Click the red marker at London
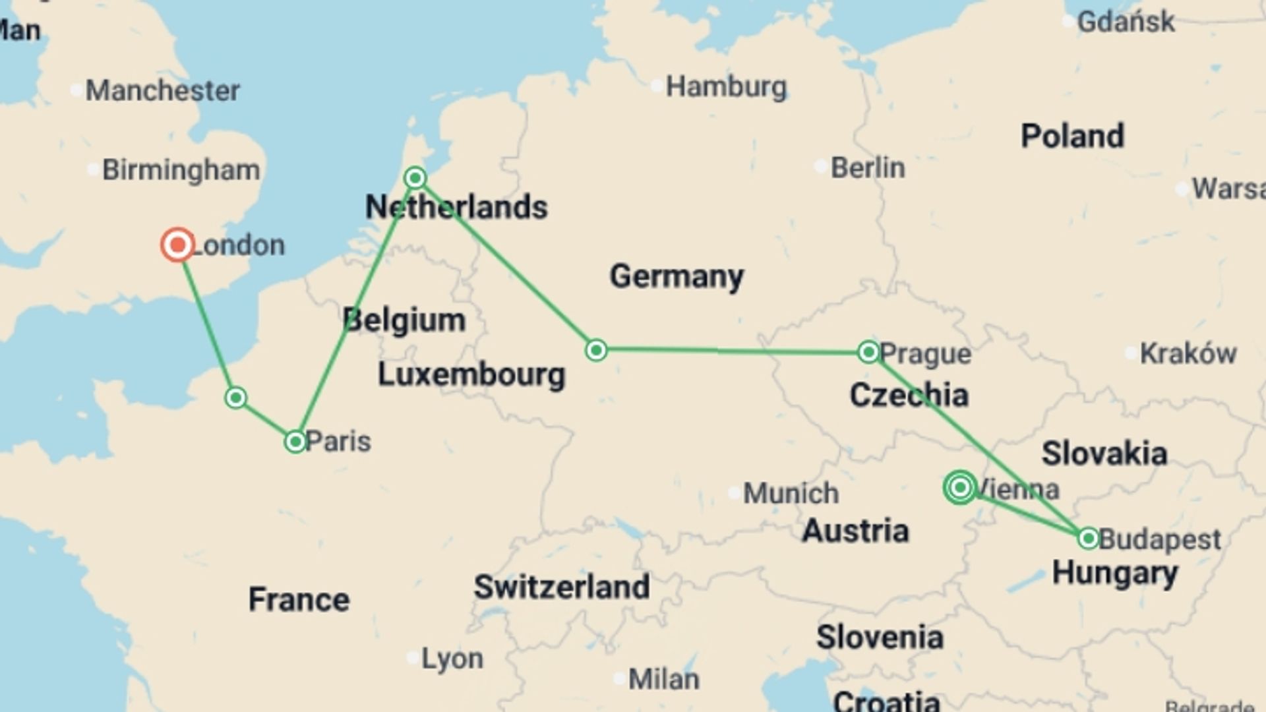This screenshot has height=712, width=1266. (177, 245)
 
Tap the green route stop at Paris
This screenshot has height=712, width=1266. (295, 441)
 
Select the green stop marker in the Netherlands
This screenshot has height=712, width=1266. (415, 178)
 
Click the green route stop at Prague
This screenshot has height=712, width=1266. (868, 351)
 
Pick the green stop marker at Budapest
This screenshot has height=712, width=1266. (1088, 539)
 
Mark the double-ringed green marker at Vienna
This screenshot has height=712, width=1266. (960, 488)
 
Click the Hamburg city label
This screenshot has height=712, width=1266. (726, 86)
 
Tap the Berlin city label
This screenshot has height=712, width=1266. (867, 167)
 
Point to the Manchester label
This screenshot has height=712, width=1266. (162, 90)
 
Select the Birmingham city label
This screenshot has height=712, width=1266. (181, 170)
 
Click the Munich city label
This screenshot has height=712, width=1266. (791, 493)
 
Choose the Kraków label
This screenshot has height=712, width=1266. (1188, 353)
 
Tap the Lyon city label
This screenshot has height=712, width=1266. (452, 658)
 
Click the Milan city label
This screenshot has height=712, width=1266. (663, 679)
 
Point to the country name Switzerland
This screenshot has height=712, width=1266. (562, 587)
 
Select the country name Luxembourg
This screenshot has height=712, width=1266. (471, 374)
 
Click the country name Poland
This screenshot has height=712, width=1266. (1072, 136)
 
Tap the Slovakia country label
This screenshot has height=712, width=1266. (1104, 454)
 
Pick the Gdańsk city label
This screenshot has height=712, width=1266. (1126, 22)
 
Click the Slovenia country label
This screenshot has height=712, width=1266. (880, 637)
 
